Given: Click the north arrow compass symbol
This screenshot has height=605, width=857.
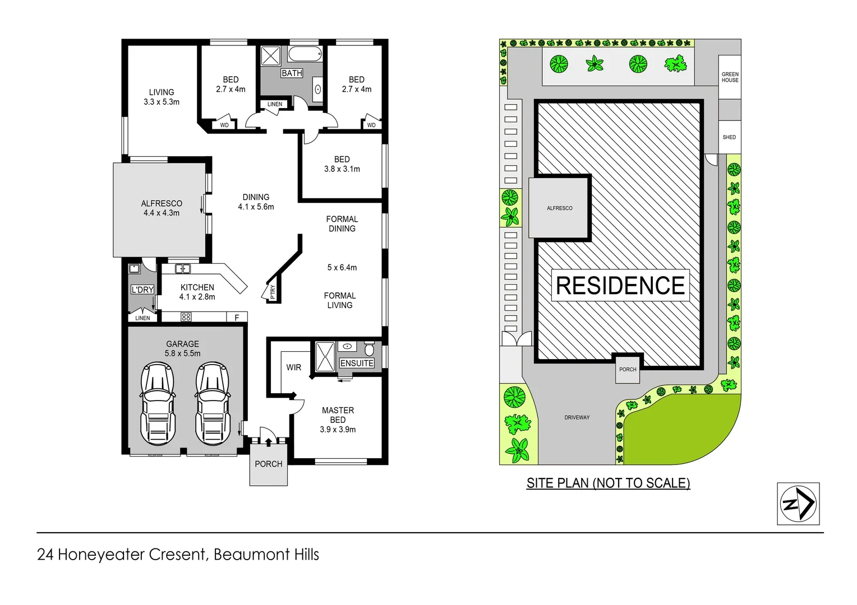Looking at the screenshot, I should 798,504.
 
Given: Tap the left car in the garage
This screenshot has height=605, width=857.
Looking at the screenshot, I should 157,403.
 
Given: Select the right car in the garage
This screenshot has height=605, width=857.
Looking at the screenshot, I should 212,403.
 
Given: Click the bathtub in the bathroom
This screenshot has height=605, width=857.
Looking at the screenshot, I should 305,54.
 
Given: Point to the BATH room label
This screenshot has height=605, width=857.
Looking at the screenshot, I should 292,73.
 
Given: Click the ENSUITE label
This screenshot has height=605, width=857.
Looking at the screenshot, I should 357,363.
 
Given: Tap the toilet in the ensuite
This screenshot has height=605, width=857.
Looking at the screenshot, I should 369,348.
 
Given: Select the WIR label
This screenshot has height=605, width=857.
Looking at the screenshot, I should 293,367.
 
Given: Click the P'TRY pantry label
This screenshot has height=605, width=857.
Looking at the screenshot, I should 273,292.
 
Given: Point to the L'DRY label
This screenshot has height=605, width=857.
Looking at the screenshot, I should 142,290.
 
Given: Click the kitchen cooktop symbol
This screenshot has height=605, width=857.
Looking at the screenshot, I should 186,317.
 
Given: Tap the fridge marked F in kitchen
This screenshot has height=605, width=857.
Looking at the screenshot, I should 237,318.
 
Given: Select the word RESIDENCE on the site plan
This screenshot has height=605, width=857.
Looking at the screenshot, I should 620,286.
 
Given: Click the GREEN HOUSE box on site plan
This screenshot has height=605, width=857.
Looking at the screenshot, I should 730,77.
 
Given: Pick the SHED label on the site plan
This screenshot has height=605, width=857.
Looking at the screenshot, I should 729,137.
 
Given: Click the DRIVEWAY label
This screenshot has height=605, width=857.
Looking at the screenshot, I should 577,417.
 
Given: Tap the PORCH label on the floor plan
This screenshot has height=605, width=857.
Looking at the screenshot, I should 269,464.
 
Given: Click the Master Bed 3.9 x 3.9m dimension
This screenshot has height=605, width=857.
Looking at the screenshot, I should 338,430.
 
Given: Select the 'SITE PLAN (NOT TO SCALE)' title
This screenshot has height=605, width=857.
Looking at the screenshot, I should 608,483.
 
